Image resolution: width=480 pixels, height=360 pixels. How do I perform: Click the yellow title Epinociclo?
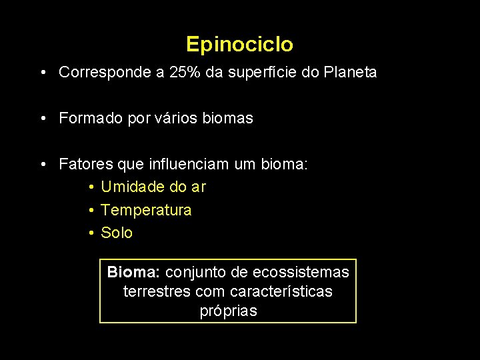click(239, 45)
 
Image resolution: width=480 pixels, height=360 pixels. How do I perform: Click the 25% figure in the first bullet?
click(183, 72)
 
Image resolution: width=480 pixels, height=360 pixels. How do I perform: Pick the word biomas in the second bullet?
click(230, 119)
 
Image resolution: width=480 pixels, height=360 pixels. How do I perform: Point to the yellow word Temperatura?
click(146, 210)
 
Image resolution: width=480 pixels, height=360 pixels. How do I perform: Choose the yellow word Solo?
click(117, 233)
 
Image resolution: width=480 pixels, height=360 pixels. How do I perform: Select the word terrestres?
click(157, 291)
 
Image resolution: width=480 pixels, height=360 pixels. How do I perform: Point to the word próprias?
click(228, 311)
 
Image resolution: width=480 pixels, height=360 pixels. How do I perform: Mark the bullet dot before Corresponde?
click(42, 72)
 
